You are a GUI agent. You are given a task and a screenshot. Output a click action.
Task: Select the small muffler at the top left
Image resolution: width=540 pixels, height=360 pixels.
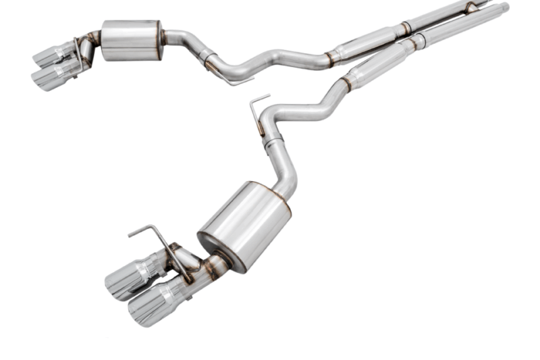(132, 40)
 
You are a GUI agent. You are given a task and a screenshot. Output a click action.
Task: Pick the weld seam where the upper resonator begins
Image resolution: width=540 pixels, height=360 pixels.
(330, 57)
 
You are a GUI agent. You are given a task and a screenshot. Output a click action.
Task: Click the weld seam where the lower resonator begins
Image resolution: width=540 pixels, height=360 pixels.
(346, 84)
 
